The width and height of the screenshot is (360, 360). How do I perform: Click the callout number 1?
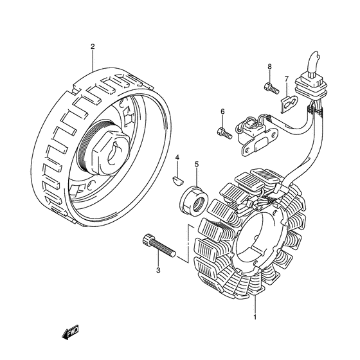[255, 318]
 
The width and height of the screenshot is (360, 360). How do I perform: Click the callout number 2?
[93, 46]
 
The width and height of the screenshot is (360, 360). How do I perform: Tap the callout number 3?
[158, 271]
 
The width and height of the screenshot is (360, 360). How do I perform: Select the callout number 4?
[177, 157]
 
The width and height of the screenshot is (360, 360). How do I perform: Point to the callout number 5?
[197, 165]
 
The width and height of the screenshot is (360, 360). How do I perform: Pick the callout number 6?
[222, 112]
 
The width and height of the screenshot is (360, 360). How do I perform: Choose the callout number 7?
[286, 79]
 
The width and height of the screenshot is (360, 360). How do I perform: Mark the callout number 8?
[269, 67]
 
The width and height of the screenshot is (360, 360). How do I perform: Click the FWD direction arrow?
[70, 332]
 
